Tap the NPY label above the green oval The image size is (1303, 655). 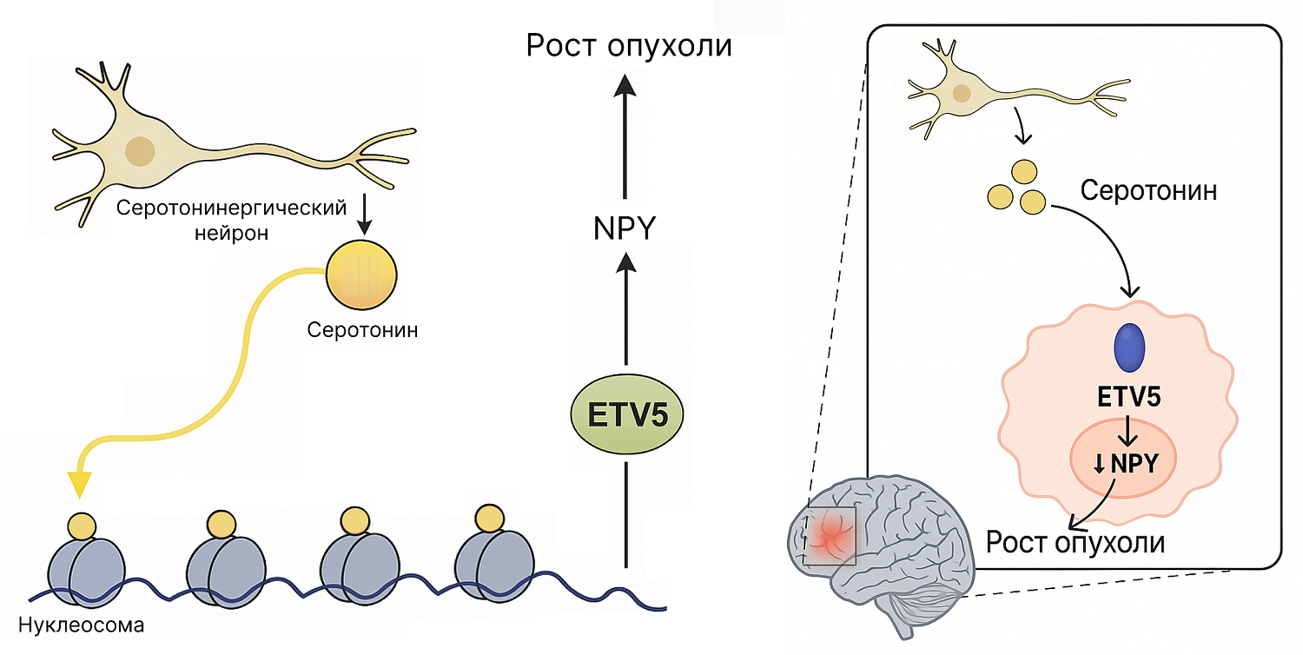pos(624,228)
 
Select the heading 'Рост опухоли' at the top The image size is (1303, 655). pos(629,45)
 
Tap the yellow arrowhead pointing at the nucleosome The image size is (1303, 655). pos(80,484)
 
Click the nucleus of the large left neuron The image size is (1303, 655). pos(139,151)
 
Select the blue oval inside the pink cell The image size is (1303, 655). pos(1129,347)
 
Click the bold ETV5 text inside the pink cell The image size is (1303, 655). pos(1129,399)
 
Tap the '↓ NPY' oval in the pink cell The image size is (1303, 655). pos(1126,463)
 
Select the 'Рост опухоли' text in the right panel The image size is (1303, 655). pos(1075,543)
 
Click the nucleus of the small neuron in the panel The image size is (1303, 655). pos(961,93)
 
